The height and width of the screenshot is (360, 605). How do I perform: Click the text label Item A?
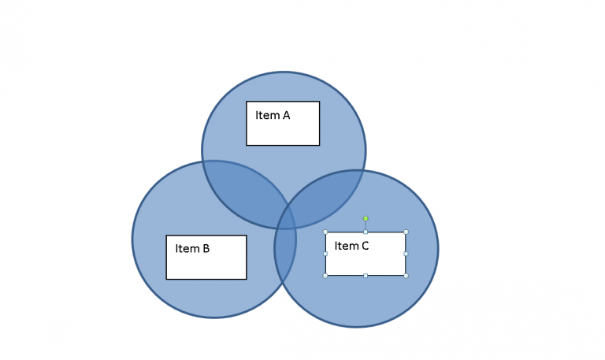point(273,116)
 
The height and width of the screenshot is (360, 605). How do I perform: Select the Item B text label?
point(192,249)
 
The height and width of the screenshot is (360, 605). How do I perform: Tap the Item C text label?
point(351,246)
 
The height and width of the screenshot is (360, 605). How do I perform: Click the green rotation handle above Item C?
point(366,218)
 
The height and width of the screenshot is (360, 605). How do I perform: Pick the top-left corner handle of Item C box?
point(325,232)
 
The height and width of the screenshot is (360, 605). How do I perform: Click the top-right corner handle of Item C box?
point(406,232)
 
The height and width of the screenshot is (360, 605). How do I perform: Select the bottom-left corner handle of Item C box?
point(325,276)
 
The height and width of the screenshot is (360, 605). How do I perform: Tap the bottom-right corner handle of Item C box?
point(406,276)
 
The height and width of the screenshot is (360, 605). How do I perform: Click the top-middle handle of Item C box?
point(366,232)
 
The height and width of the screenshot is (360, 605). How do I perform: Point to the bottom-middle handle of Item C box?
point(366,276)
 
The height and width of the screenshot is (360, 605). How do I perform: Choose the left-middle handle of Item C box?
point(325,254)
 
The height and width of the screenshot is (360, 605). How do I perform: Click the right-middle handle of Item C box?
point(406,254)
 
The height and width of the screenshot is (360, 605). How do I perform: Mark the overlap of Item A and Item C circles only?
point(331,192)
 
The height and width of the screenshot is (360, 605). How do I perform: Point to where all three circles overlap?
point(285,221)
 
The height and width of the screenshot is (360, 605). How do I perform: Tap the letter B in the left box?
point(206,249)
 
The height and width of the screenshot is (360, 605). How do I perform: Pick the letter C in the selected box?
point(364,246)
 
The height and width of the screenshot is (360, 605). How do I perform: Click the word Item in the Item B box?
point(187,249)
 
